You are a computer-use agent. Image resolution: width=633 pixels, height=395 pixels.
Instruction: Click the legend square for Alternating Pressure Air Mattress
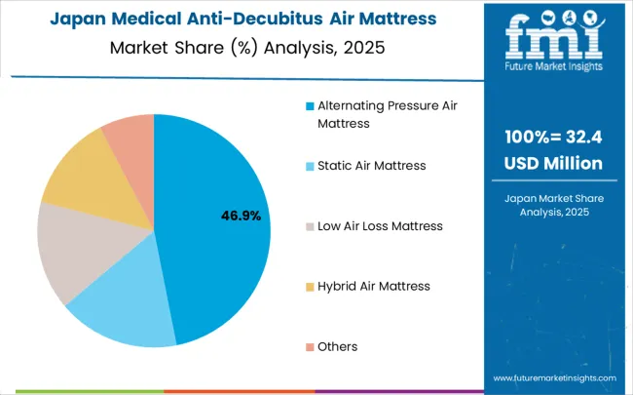tap(310, 106)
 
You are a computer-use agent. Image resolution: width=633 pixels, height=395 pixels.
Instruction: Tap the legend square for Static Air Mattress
tap(310, 166)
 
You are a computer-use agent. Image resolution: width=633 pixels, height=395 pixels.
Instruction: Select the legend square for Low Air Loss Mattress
tap(310, 226)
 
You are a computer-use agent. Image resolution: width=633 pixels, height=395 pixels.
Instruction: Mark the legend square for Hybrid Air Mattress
tap(310, 287)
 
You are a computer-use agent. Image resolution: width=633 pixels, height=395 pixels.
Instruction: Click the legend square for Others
tap(310, 347)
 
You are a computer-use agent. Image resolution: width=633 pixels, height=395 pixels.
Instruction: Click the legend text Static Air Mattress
tap(371, 166)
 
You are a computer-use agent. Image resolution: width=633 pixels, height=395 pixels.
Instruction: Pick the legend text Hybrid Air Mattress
tap(373, 287)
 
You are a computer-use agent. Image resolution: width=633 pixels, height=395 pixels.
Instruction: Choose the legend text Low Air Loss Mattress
tap(380, 226)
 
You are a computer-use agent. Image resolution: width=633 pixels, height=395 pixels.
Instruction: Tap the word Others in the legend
tap(337, 347)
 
